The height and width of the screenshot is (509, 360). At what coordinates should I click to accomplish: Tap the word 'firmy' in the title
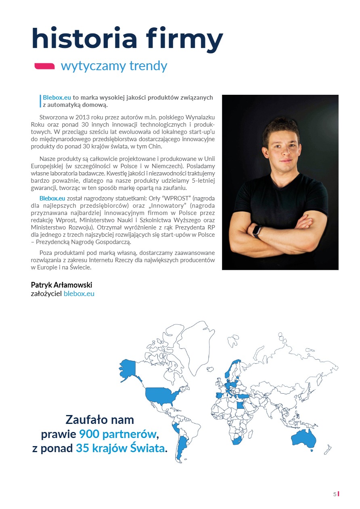point(190,39)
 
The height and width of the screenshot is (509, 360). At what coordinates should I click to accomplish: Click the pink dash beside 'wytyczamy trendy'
point(44,66)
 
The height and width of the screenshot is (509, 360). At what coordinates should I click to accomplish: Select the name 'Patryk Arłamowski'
point(61,285)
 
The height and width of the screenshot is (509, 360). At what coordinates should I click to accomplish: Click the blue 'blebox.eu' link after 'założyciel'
point(79,294)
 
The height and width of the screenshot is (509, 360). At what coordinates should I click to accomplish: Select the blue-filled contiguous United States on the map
point(161,394)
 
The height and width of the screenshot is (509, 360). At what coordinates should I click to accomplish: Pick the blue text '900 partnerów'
point(117,434)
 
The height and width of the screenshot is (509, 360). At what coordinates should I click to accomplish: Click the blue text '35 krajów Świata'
point(120,448)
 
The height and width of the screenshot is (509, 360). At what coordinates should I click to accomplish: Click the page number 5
point(334,494)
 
